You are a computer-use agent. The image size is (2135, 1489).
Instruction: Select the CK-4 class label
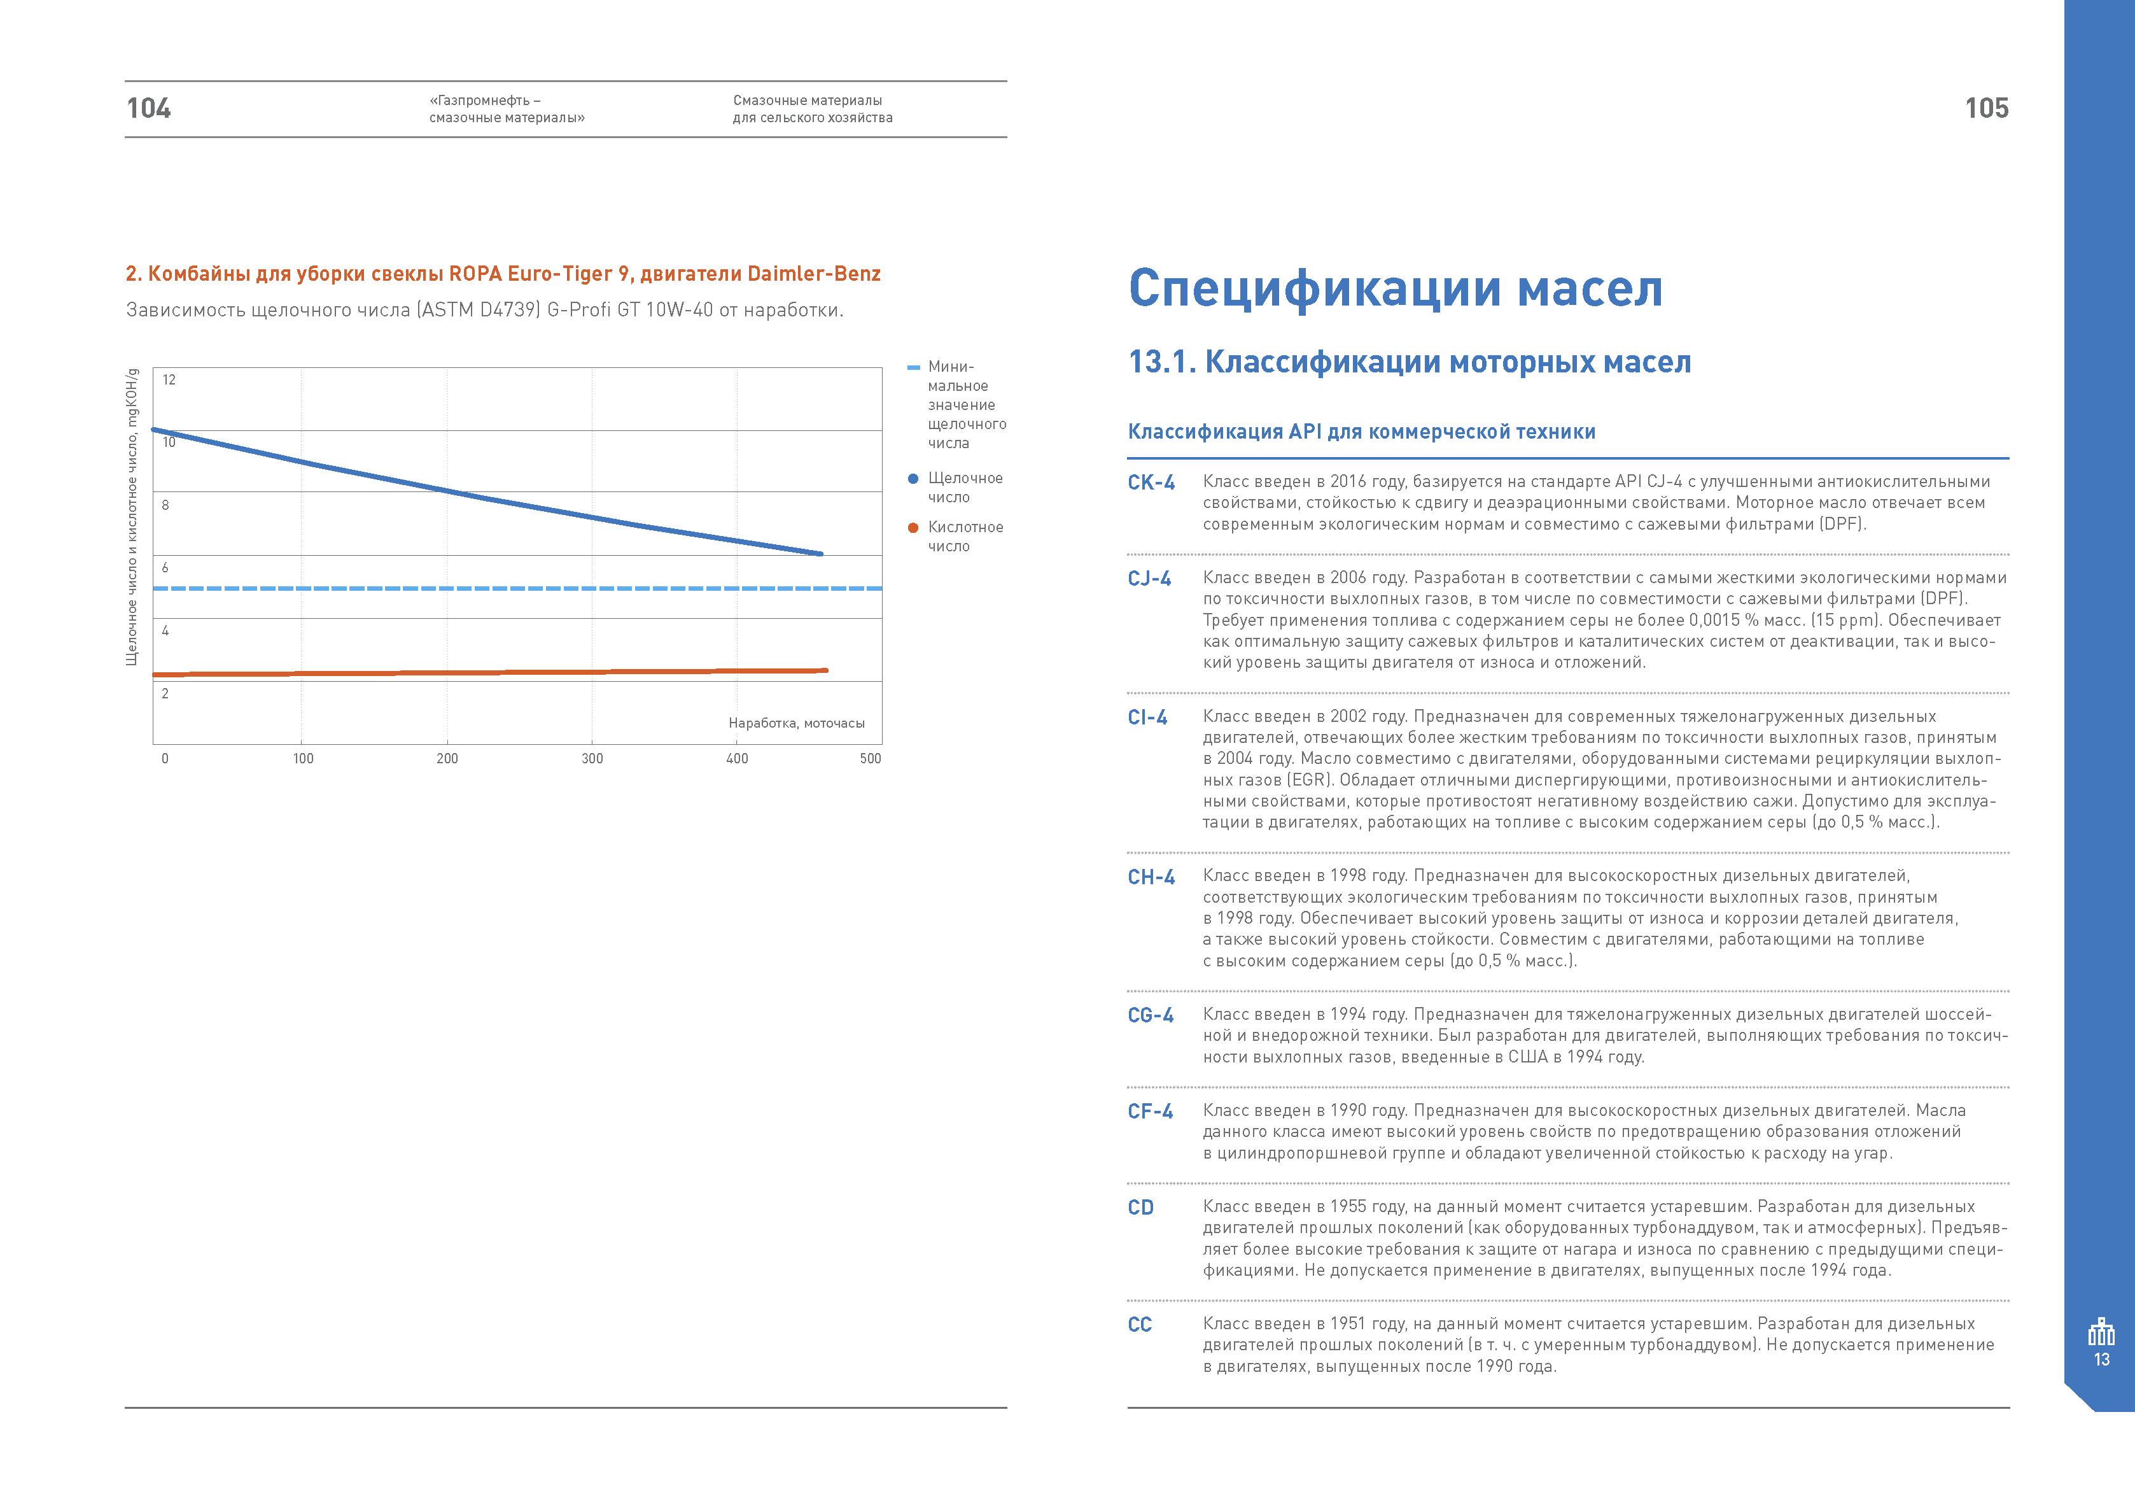coord(1151,483)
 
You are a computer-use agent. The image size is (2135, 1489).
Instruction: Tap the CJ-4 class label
coord(1149,579)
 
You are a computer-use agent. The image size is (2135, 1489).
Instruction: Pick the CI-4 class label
coord(1147,717)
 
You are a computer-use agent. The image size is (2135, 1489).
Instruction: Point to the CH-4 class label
coord(1151,877)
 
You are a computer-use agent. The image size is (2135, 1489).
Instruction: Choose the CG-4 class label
coord(1151,1015)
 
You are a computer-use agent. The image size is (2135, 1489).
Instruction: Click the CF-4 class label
coord(1151,1111)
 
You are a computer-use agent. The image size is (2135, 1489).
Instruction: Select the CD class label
coord(1141,1207)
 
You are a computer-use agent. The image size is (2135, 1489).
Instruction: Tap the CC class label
coord(1140,1324)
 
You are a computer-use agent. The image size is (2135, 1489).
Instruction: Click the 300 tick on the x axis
coord(592,759)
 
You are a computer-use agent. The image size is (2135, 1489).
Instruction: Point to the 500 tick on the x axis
coord(871,759)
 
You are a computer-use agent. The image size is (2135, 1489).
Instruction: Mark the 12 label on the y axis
coord(169,379)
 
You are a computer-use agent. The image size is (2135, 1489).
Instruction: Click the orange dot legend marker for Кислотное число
coord(913,527)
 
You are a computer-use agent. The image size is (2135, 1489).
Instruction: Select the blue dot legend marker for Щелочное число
coord(913,479)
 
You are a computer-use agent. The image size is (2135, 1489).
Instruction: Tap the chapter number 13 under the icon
coord(2101,1360)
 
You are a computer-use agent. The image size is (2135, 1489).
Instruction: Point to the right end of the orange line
coord(826,670)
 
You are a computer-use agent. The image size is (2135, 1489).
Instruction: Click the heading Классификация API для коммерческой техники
coord(1361,432)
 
